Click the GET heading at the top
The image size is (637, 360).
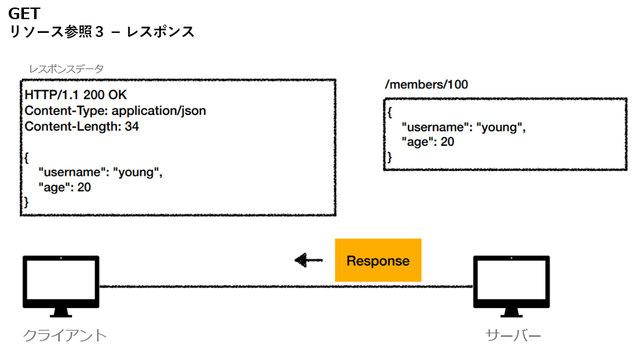[24, 13]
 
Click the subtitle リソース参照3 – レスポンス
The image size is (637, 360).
[101, 31]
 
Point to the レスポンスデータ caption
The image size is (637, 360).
[66, 69]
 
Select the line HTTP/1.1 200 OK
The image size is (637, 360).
[76, 95]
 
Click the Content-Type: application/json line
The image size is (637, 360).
[115, 110]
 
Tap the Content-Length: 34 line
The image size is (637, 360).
[82, 126]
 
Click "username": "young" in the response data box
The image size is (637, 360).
[101, 172]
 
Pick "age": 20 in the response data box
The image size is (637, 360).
[66, 187]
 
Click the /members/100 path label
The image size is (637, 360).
[427, 85]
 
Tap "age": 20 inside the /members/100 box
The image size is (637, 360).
[428, 142]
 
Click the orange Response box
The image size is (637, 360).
[378, 261]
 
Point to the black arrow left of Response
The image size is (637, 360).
[309, 260]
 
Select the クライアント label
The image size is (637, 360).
[65, 335]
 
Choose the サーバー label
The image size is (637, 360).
[513, 335]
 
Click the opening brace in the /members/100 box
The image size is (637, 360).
[389, 112]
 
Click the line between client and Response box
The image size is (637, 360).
[216, 286]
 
